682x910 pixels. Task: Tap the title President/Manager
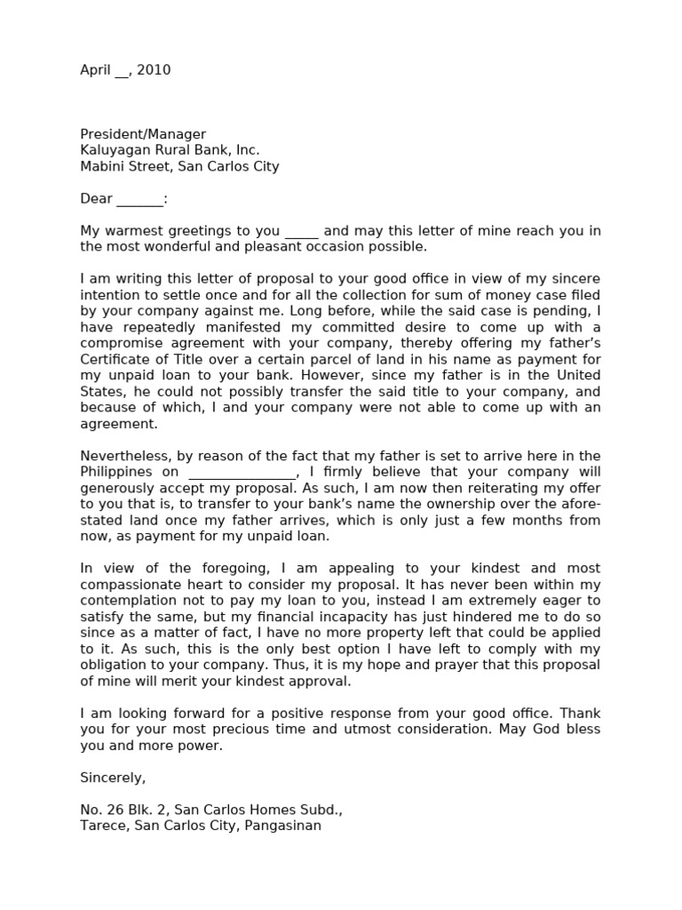(143, 134)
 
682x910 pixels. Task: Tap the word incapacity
(376, 617)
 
